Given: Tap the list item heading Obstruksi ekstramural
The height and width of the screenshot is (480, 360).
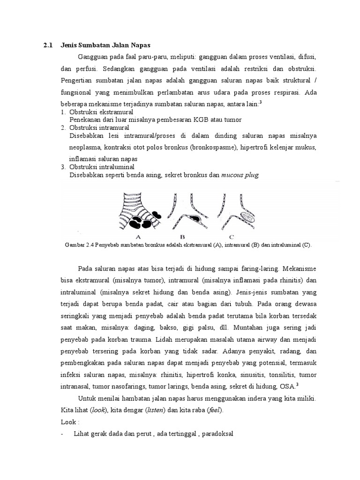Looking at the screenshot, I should [x=101, y=112].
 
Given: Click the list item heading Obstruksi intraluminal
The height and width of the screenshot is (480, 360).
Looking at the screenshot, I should [x=102, y=167].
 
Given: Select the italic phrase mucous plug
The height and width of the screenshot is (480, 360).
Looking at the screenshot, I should [x=240, y=174].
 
